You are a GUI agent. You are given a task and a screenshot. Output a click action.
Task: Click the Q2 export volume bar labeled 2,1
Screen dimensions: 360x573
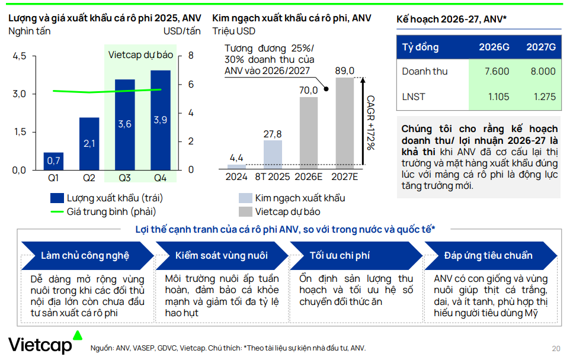coord(89,143)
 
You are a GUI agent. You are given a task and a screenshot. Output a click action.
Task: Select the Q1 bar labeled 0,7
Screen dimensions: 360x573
coord(53,160)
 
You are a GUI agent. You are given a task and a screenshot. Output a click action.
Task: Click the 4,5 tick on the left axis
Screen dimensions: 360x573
coord(20,56)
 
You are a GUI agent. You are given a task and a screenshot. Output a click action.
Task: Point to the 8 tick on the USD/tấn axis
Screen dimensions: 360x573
coord(191,56)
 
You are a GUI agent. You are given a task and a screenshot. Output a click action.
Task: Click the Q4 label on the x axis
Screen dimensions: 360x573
coord(160,178)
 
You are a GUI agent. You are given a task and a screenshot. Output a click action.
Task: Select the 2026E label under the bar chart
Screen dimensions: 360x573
coord(308,177)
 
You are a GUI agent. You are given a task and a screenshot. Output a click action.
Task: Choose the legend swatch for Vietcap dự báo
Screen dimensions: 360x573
coord(245,211)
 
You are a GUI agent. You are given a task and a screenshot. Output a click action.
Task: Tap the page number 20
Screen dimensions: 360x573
coord(555,348)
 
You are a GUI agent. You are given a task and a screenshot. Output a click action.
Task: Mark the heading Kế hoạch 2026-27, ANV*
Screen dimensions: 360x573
coord(452,19)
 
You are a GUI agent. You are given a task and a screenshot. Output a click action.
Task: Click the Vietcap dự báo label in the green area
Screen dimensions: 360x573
coord(140,54)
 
